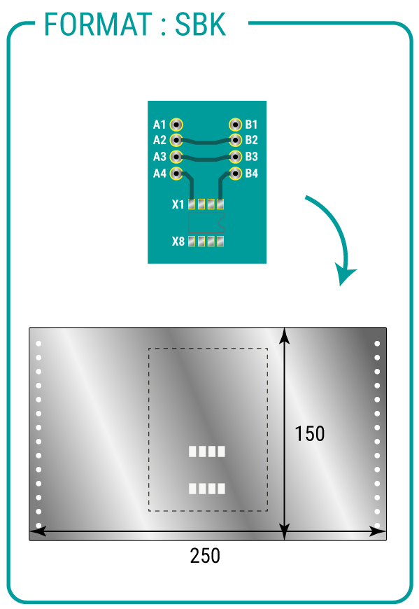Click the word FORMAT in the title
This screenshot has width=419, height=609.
pos(98,24)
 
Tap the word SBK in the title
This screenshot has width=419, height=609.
pos(200,24)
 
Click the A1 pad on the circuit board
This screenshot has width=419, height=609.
pos(176,125)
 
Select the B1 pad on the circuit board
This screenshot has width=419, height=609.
pos(236,125)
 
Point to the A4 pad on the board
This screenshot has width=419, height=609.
pos(176,173)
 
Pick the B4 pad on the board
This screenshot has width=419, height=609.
pos(236,173)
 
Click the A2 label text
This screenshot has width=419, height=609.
pos(159,140)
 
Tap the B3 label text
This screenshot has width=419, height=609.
pos(251,157)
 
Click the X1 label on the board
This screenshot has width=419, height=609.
pos(178,204)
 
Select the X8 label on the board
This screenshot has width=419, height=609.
pos(178,241)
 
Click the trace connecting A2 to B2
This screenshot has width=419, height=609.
pos(206,143)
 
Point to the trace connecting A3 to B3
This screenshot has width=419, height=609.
pos(206,159)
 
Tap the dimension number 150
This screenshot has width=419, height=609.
pos(310,434)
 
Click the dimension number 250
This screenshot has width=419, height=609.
pos(205,556)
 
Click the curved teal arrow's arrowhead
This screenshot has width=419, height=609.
pos(345,274)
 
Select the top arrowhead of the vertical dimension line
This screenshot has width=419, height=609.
pos(285,335)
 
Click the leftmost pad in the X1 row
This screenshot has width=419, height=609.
pos(192,204)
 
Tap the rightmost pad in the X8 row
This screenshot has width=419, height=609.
pos(220,241)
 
